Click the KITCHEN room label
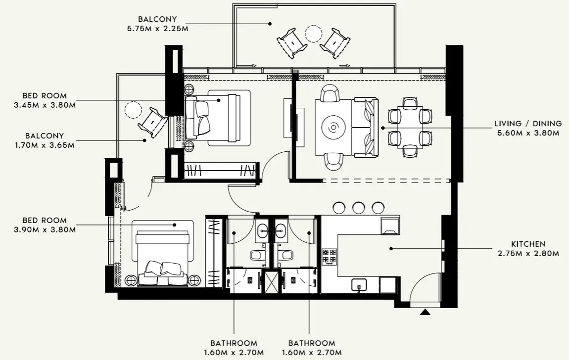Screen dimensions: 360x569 [528, 244]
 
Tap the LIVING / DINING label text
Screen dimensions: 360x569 [528, 124]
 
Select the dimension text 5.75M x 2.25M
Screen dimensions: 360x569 [157, 28]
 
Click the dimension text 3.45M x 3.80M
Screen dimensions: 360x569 [45, 105]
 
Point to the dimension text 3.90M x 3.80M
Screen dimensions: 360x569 [45, 229]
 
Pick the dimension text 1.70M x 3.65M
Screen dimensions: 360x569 [45, 145]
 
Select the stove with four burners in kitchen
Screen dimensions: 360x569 [330, 256]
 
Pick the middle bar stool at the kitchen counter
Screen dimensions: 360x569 [358, 208]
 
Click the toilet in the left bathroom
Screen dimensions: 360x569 [257, 256]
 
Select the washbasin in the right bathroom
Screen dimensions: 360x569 [281, 229]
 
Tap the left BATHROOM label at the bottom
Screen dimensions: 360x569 [234, 343]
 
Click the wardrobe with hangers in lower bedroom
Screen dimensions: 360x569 [214, 252]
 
